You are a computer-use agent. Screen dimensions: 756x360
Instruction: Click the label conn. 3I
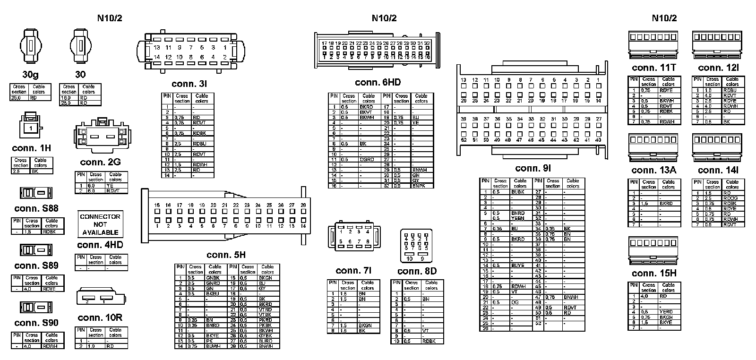point(189,84)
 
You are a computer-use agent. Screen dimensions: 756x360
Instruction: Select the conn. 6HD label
point(378,83)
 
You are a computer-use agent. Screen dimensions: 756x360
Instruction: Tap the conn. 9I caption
point(533,168)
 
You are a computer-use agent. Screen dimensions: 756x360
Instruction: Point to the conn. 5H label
point(226,255)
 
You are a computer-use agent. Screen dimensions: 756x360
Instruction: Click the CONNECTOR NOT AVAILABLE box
point(100,224)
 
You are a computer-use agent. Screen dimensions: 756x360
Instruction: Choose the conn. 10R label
point(100,317)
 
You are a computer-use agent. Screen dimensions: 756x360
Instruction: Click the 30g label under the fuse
point(31,75)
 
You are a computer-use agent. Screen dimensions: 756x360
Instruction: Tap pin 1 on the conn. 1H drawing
point(31,128)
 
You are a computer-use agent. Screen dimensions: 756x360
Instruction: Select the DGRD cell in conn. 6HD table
point(367,160)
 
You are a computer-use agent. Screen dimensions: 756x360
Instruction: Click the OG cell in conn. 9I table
point(515,302)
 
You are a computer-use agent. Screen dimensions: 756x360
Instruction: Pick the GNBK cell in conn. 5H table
point(213,278)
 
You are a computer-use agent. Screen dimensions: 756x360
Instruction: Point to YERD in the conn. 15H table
point(666,312)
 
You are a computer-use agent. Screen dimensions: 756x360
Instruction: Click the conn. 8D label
point(417,271)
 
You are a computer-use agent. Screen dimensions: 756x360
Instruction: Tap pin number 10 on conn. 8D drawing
point(410,258)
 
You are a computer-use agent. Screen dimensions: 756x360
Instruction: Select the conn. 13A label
point(654,170)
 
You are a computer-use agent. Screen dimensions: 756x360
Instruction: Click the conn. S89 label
point(36,266)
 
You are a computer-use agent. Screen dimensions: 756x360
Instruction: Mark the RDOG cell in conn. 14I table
point(730,198)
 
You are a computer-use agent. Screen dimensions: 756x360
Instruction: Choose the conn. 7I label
point(353,271)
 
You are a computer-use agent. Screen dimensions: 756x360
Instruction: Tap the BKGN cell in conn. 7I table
point(364,326)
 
